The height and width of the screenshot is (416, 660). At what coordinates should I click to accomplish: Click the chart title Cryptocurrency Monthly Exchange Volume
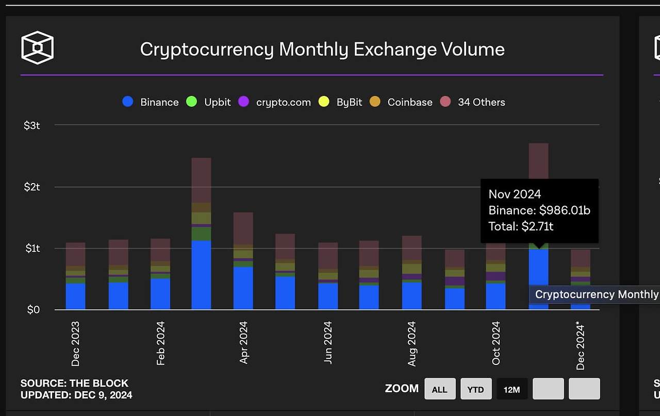point(322,49)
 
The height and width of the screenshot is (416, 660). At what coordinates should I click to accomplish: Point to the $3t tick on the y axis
point(32,125)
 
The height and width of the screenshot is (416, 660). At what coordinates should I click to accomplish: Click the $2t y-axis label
point(32,187)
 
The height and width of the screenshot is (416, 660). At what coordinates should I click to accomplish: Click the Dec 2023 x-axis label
point(76,344)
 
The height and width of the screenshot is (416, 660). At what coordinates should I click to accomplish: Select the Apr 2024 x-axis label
point(244,343)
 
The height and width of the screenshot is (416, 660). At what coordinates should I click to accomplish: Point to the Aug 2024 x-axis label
point(411,344)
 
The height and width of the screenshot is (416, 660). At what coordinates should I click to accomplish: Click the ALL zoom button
point(439,389)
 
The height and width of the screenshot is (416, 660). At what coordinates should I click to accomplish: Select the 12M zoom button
point(511,389)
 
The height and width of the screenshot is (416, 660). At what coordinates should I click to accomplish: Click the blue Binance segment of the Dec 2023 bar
point(76,296)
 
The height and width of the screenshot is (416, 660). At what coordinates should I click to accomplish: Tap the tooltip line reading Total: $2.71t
point(521,226)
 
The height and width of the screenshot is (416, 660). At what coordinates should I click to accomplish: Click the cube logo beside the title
point(37,48)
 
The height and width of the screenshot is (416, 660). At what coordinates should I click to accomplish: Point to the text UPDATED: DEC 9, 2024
point(76,395)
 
